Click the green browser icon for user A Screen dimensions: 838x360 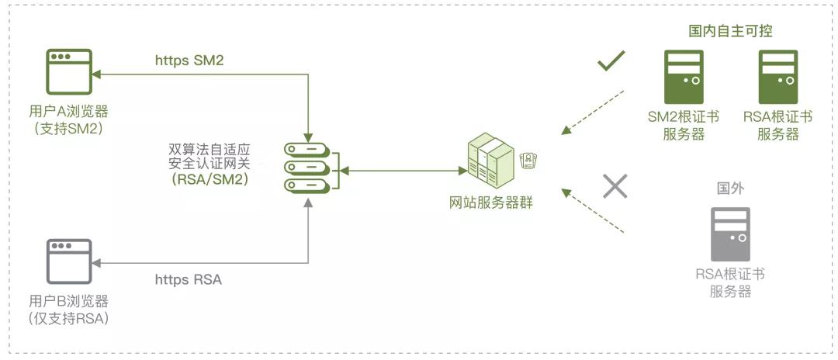click(x=70, y=72)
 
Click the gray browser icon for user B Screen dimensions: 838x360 click(x=69, y=261)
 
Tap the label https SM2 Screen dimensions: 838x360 click(x=189, y=61)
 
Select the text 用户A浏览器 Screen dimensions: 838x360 click(x=68, y=112)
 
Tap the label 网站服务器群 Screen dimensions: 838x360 click(x=491, y=203)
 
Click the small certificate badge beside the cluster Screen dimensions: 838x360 click(x=529, y=161)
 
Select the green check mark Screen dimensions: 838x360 click(x=611, y=61)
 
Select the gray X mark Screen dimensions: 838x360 click(x=615, y=186)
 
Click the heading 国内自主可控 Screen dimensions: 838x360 click(x=731, y=31)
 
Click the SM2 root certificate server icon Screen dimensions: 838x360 click(x=684, y=76)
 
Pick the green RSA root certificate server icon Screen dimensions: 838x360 click(x=778, y=76)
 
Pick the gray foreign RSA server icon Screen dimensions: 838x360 click(x=730, y=234)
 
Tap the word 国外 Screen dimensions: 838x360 click(x=730, y=189)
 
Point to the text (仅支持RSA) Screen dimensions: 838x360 click(x=69, y=319)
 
